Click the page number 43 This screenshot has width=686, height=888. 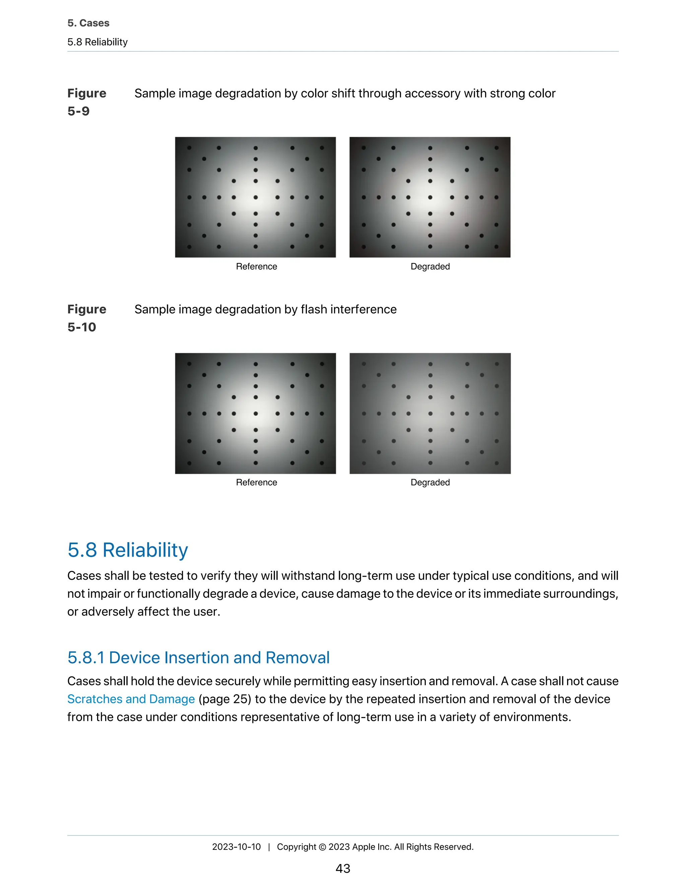tap(343, 868)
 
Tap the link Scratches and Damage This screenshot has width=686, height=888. tap(131, 699)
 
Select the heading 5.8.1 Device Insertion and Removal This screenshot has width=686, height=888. tap(198, 657)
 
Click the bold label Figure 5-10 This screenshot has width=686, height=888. tap(86, 318)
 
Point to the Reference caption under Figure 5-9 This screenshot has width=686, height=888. tap(257, 266)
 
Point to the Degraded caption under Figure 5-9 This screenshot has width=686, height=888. tap(430, 266)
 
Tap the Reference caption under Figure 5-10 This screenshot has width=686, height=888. tap(257, 482)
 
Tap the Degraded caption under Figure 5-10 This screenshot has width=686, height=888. tap(430, 482)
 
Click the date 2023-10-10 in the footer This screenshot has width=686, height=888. tap(236, 846)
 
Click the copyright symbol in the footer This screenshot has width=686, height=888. tap(322, 847)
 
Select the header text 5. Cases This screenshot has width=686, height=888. tap(88, 23)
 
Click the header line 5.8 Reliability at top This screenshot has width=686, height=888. tap(97, 42)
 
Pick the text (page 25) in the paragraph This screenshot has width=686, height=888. tap(225, 699)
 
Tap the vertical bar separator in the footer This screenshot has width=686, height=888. tap(269, 847)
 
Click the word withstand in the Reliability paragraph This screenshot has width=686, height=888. tap(307, 576)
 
